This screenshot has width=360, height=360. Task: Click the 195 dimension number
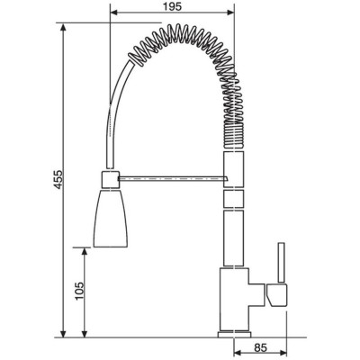point(173,6)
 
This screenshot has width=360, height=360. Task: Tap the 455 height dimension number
point(58,179)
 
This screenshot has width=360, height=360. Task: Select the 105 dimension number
point(79,291)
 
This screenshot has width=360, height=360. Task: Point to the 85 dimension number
point(260,347)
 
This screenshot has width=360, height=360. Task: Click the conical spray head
point(111,218)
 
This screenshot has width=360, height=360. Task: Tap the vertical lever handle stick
point(281,263)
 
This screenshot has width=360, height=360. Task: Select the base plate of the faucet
point(234,334)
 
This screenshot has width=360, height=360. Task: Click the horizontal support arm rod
point(174,179)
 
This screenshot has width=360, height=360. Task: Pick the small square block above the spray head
point(111,179)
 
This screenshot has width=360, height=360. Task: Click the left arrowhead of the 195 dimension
point(114,13)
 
